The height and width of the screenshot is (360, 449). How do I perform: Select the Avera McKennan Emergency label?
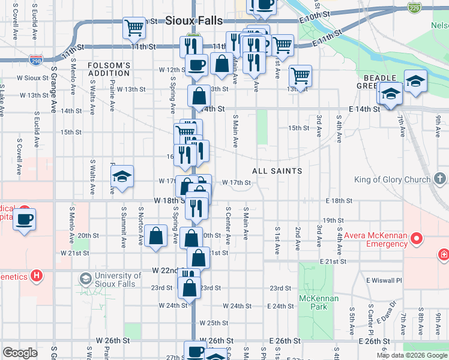pyautogui.click(x=375, y=239)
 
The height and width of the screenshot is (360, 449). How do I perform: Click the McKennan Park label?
pyautogui.click(x=319, y=302)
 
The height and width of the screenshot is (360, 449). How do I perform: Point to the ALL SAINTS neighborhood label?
pyautogui.click(x=277, y=171)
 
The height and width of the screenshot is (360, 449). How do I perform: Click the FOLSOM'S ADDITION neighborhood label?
pyautogui.click(x=109, y=69)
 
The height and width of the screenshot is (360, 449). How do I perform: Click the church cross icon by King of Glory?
pyautogui.click(x=439, y=179)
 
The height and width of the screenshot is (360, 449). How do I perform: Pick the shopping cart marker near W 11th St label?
pyautogui.click(x=134, y=27)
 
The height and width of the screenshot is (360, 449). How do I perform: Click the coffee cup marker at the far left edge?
pyautogui.click(x=25, y=219)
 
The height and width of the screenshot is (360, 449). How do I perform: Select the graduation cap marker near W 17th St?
pyautogui.click(x=122, y=176)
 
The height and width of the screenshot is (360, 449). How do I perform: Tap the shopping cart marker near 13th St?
pyautogui.click(x=300, y=76)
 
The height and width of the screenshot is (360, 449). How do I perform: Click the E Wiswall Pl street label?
pyautogui.click(x=384, y=280)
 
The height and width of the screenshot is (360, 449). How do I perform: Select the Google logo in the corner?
pyautogui.click(x=20, y=353)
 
